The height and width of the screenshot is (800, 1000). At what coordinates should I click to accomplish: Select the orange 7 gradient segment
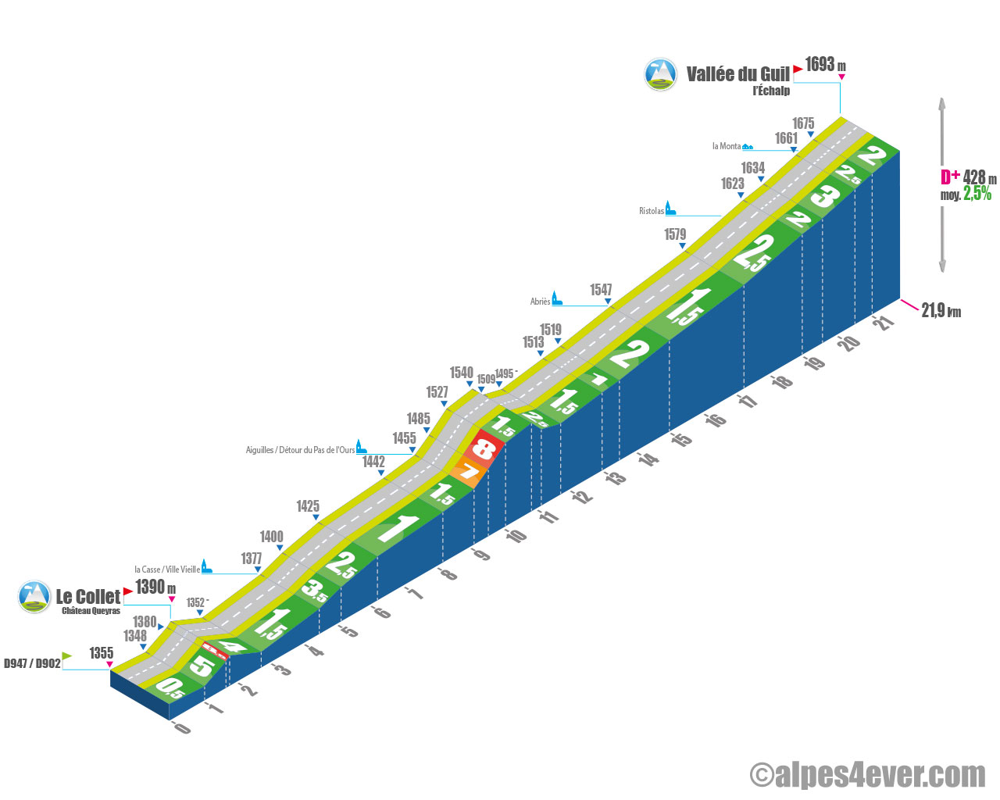point(469,472)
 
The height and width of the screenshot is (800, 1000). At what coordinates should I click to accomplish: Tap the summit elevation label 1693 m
point(825,64)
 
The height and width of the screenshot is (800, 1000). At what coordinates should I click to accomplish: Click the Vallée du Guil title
point(738,74)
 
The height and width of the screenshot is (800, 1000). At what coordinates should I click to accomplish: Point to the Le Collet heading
point(87,596)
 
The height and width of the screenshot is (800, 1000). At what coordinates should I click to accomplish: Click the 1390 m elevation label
point(155,587)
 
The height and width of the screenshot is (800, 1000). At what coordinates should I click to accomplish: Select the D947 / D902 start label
point(32,663)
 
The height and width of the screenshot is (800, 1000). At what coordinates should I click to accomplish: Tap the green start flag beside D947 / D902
point(67,656)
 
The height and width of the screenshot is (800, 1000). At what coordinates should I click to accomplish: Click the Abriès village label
point(540,302)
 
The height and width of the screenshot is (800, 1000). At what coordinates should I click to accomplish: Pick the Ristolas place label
point(651,211)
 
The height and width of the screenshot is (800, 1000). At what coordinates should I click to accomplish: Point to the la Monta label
point(727,146)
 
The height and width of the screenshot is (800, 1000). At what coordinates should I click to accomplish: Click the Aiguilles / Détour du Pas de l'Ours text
point(300,449)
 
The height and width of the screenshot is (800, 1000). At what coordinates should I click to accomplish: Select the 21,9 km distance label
point(941,311)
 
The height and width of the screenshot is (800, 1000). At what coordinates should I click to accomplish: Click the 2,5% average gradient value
point(977,194)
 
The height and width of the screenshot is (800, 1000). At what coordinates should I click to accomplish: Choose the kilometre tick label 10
point(516,536)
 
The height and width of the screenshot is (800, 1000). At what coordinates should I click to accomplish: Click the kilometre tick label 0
point(182,727)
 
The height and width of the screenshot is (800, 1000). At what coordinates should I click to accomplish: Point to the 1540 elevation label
point(461,373)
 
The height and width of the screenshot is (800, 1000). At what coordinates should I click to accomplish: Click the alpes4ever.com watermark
point(867,775)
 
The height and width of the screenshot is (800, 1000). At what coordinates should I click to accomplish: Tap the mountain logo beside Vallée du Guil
point(660,74)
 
